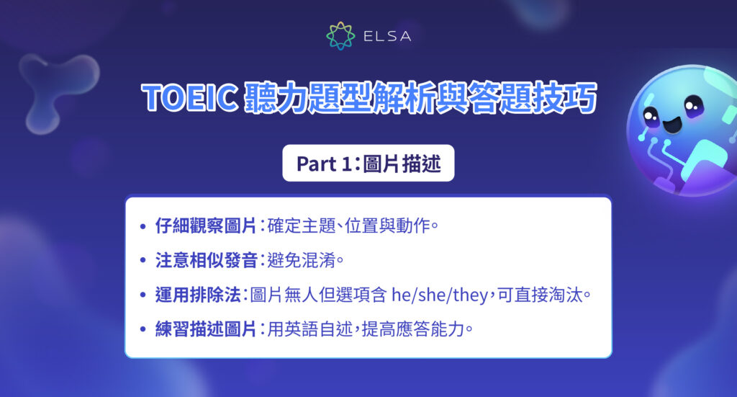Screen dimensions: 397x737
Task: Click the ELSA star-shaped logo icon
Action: click(340, 35)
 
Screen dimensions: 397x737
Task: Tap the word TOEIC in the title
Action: click(190, 99)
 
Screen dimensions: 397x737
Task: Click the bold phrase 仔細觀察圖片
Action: click(206, 226)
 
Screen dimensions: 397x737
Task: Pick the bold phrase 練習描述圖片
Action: click(206, 329)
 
